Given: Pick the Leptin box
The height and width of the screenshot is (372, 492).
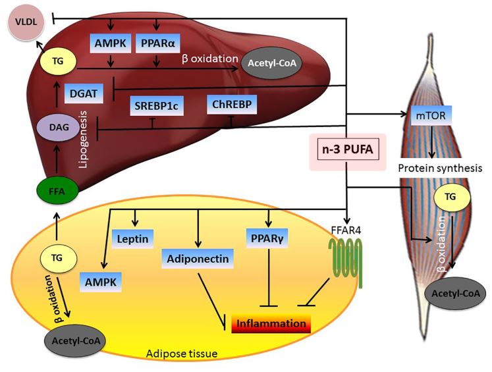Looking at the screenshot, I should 134,236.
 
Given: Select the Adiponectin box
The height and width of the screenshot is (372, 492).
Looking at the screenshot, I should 198,259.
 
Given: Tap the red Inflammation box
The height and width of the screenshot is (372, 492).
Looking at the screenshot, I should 271,324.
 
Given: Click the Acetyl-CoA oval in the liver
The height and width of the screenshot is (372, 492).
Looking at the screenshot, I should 269,63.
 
